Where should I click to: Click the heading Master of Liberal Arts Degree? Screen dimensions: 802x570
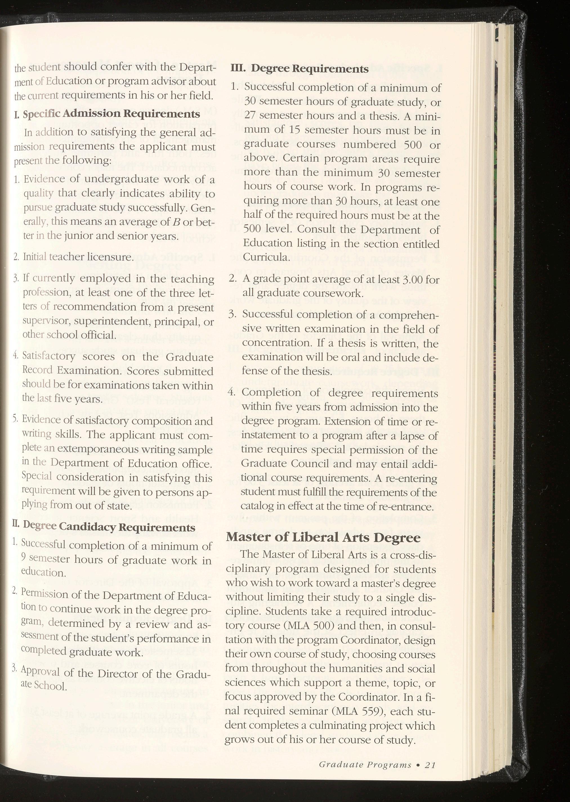[x=323, y=537]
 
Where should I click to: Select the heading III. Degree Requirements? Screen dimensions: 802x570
[x=299, y=68]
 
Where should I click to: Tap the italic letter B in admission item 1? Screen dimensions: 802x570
[x=177, y=222]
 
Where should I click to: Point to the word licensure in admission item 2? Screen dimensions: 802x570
[x=111, y=257]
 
